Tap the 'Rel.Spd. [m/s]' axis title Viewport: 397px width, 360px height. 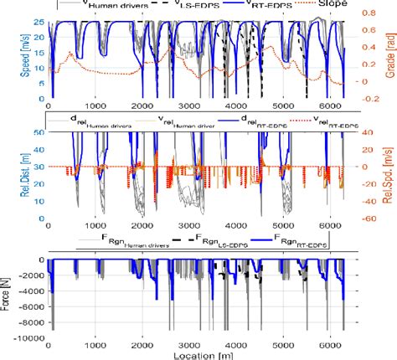387,177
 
